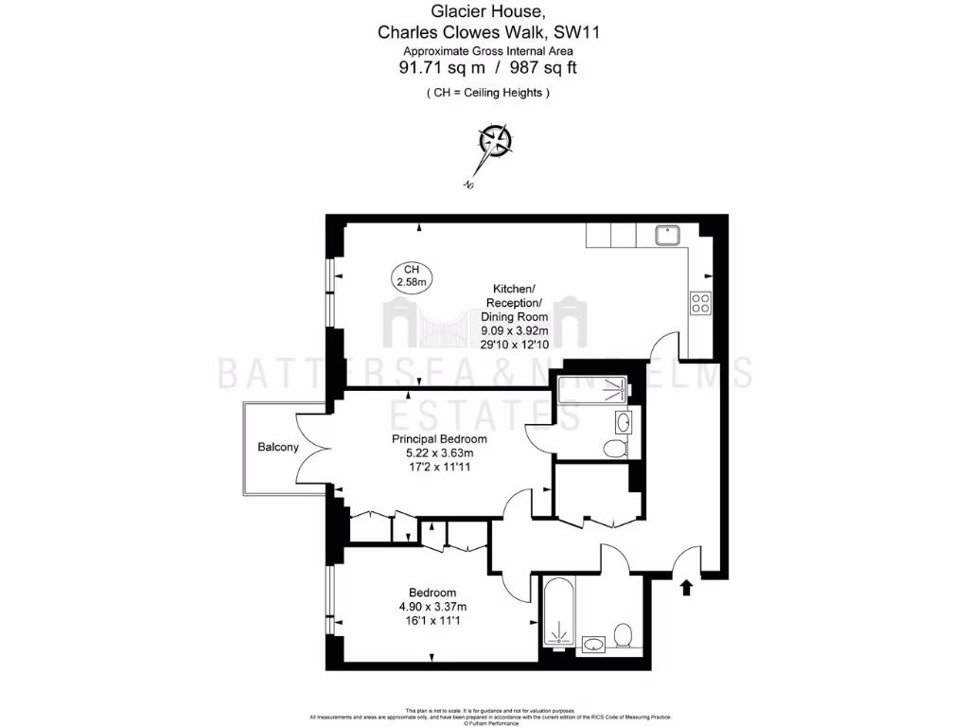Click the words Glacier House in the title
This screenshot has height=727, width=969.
pos(487,11)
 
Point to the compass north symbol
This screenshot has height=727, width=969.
pos(495,141)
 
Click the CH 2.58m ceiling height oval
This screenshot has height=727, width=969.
pos(411,275)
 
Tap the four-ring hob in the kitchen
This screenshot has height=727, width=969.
pos(701,303)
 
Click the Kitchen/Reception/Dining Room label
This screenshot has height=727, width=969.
pos(514,302)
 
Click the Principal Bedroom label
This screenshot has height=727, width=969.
pos(439,439)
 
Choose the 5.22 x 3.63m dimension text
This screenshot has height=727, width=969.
pos(439,453)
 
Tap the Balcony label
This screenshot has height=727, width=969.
pos(278,448)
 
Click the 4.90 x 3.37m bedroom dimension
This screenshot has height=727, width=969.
pos(432,607)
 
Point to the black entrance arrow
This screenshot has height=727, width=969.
pos(685,589)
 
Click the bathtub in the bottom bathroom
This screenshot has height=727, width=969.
pos(556,612)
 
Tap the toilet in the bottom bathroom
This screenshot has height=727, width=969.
pos(623,634)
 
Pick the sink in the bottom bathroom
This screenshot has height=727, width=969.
pos(593,645)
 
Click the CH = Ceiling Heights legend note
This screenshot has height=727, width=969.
pos(487,93)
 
